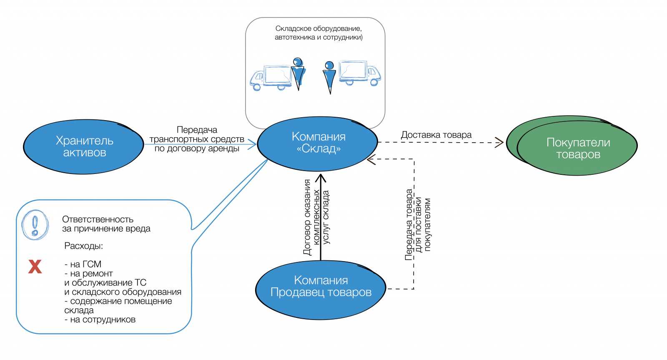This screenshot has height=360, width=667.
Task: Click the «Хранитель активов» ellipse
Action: (x=83, y=147)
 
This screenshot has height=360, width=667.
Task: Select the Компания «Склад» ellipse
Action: (x=318, y=143)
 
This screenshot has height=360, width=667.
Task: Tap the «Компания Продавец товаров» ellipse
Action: (x=320, y=290)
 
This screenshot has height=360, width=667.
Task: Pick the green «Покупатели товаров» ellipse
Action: (x=577, y=148)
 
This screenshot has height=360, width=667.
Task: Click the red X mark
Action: (x=35, y=266)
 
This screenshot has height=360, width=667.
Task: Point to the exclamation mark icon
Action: (x=35, y=225)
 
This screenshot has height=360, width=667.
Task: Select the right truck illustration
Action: (x=359, y=73)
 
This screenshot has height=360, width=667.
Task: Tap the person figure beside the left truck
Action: (x=298, y=73)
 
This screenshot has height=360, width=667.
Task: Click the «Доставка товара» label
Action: (x=436, y=135)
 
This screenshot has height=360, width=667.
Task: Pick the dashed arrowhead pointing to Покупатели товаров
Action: (x=499, y=143)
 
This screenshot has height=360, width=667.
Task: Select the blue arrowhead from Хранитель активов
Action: (x=252, y=145)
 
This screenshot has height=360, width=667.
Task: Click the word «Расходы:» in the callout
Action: (x=83, y=246)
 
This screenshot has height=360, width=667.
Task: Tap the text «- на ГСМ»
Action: (x=83, y=264)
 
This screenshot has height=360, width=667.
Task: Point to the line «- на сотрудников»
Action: (x=100, y=320)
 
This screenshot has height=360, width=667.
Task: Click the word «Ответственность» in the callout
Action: (x=98, y=219)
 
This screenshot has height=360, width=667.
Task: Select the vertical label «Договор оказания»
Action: (x=307, y=217)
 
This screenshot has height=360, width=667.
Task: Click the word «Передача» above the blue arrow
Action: (x=197, y=130)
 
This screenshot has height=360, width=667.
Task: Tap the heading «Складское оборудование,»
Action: (x=318, y=28)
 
